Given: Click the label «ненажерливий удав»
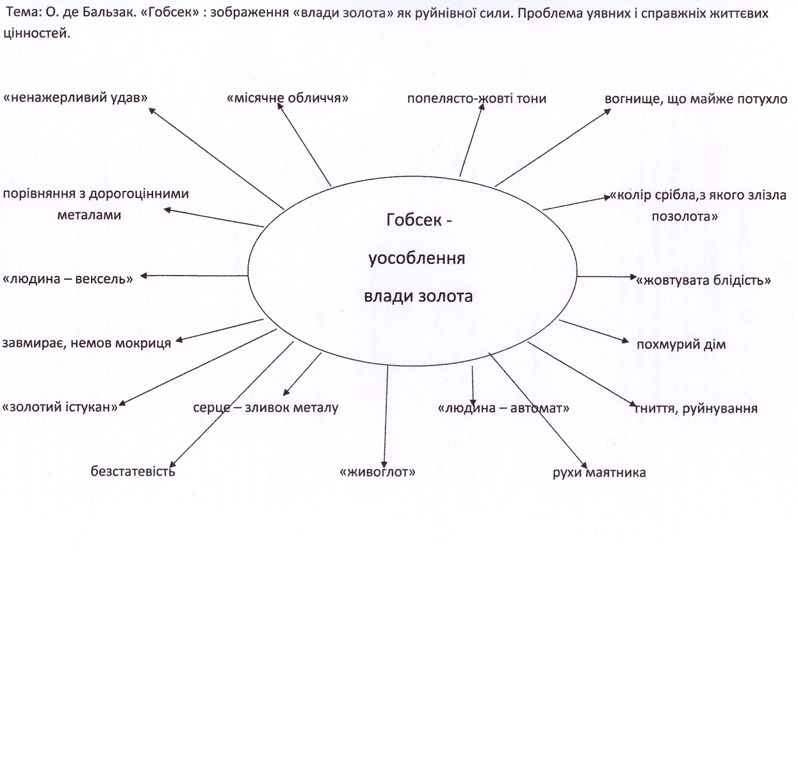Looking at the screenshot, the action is (76, 98).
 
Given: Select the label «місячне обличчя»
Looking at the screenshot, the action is (287, 98).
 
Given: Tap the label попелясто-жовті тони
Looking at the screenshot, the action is (476, 99).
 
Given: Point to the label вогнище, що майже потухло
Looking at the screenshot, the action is (696, 99).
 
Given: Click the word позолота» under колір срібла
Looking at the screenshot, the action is (685, 216).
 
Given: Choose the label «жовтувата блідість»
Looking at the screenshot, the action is (703, 280).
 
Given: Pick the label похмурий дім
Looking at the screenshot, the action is (681, 344).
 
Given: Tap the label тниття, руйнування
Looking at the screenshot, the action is (696, 409).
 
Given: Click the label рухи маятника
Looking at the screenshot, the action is (599, 472).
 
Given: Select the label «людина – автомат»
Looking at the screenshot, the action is (503, 408).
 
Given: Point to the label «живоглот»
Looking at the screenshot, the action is (377, 472).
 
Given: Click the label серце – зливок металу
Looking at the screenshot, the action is (265, 408).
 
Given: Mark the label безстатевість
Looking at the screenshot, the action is (133, 471).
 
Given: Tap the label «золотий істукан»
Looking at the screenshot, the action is (60, 407).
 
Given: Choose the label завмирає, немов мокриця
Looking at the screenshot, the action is (86, 343).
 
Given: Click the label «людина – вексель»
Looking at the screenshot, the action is (68, 279).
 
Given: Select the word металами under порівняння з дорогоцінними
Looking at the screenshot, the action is (89, 215).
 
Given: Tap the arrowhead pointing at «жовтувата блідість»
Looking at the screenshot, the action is (633, 277).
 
